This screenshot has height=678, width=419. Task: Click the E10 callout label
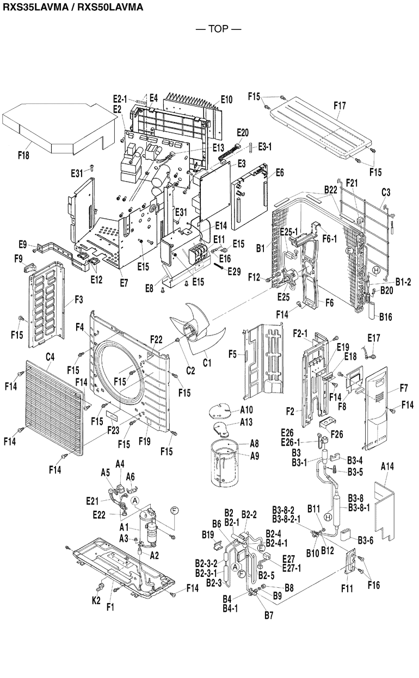click(x=226, y=99)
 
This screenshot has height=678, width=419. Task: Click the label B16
click(x=385, y=316)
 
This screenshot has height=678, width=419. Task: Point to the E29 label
click(x=234, y=271)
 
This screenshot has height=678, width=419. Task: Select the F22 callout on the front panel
click(x=156, y=339)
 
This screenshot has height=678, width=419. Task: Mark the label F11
click(x=347, y=588)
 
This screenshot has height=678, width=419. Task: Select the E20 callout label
click(x=243, y=132)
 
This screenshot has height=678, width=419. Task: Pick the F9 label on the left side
click(x=18, y=258)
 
